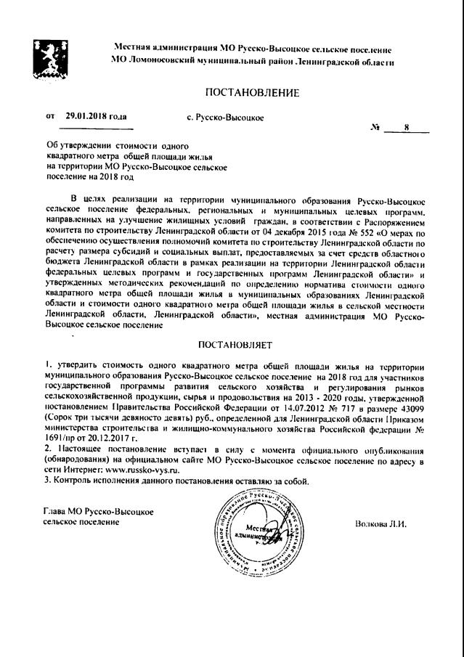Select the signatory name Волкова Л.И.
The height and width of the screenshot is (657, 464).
380,523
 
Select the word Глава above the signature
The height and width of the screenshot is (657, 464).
56,513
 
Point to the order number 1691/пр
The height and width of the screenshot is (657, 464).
61,439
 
